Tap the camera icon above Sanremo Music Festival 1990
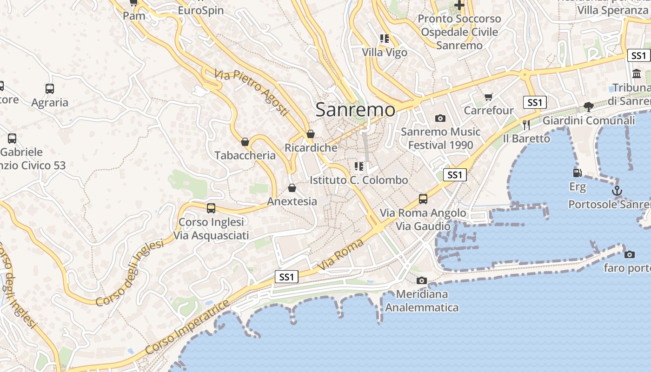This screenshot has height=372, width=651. (x=440, y=118)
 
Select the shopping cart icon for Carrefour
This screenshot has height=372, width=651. (x=488, y=97)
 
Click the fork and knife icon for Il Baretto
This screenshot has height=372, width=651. (x=526, y=125)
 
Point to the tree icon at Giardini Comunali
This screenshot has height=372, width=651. (x=588, y=106)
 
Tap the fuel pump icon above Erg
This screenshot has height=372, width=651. (x=577, y=173)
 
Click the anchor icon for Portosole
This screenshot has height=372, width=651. (x=617, y=190)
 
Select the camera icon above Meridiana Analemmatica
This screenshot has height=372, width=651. (x=422, y=280)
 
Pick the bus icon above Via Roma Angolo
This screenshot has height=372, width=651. (x=423, y=199)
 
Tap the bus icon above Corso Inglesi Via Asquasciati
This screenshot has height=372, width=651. (x=211, y=208)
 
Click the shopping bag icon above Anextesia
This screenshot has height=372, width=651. (x=292, y=188)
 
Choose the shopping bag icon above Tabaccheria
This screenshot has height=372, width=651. (x=245, y=142)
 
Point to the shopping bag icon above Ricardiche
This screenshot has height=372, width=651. (x=311, y=134)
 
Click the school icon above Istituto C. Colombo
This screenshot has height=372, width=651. (x=359, y=166)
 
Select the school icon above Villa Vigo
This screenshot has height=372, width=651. (x=384, y=39)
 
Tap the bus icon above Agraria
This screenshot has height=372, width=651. (x=50, y=89)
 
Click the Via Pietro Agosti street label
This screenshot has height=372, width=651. (x=252, y=93)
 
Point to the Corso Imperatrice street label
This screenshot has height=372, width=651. (x=187, y=327)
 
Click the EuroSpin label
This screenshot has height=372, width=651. (x=201, y=10)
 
